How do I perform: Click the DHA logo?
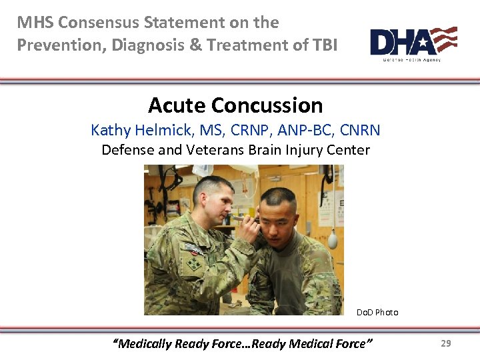tap(413, 43)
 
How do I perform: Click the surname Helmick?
tap(161, 130)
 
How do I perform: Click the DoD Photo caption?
tap(377, 312)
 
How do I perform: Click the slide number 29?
tap(446, 343)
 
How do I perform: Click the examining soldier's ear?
tap(212, 200)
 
